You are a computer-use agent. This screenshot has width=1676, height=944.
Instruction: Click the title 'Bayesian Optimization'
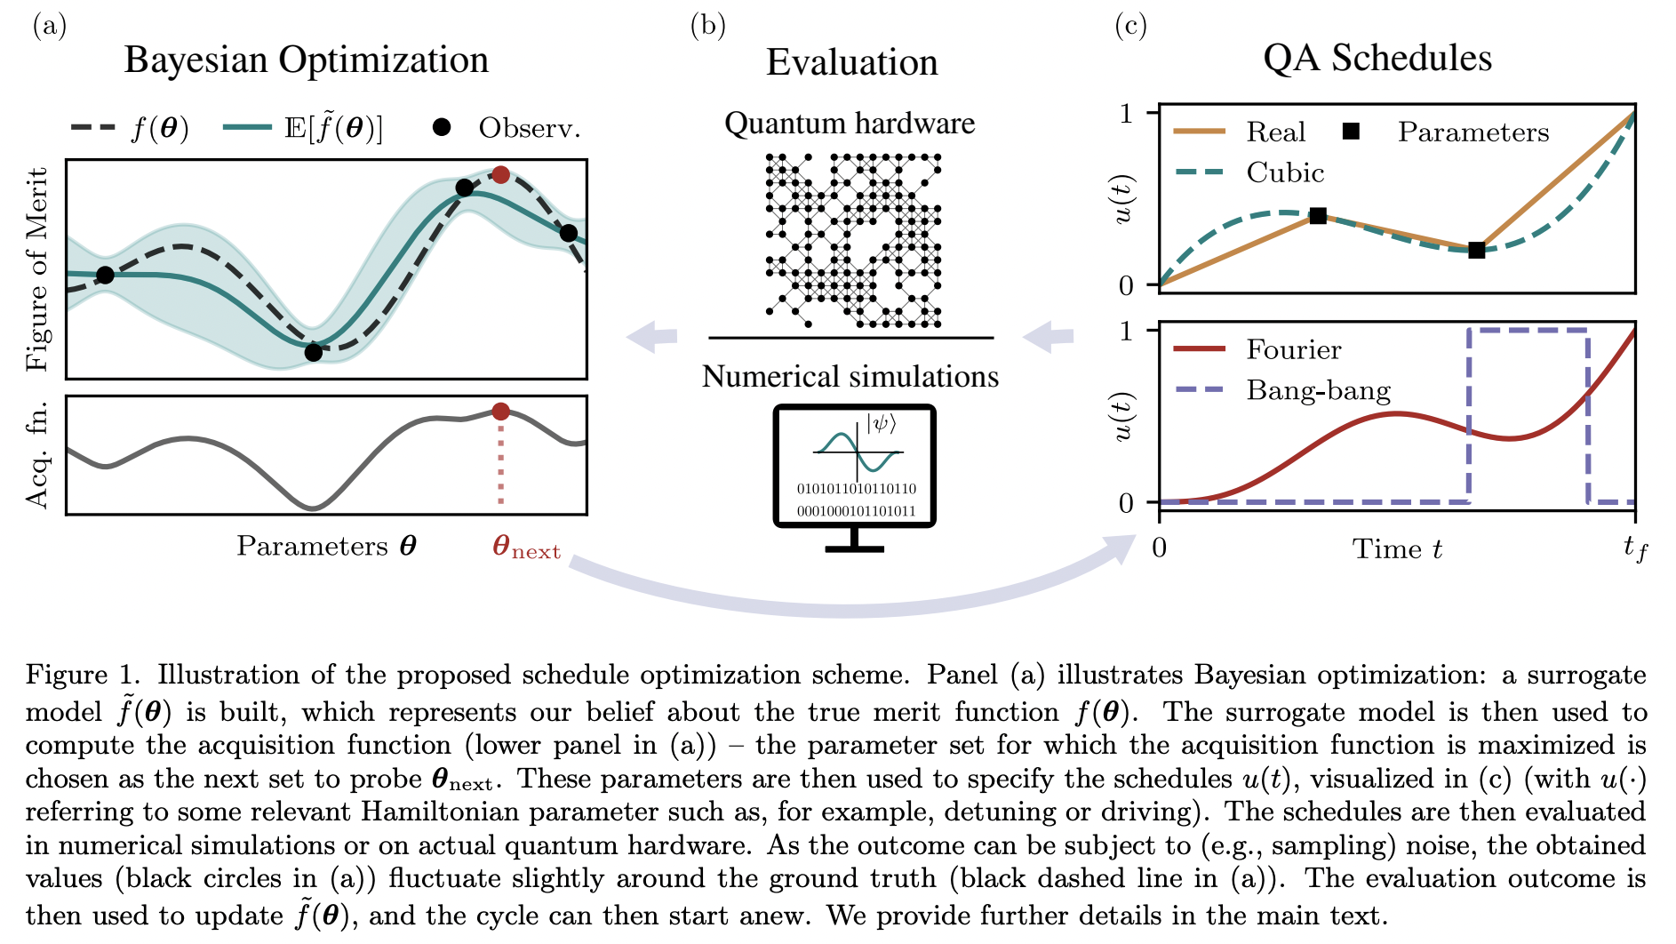click(x=307, y=60)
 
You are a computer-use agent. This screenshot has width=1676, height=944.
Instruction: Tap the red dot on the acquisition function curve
click(x=500, y=412)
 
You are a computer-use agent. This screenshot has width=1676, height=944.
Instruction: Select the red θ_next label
click(x=526, y=547)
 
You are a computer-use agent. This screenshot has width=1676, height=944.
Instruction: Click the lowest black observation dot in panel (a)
click(x=313, y=353)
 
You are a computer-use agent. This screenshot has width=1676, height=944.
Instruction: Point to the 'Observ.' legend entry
click(x=529, y=128)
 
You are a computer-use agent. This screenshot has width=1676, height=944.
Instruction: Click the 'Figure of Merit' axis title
click(x=38, y=269)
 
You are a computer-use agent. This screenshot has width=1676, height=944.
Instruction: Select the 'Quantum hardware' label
click(x=850, y=124)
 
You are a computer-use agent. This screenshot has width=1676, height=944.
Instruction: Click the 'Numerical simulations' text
click(x=850, y=377)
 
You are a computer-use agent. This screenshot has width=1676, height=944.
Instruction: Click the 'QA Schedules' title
click(x=1377, y=58)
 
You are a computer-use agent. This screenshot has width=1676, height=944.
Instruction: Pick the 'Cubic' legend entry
click(x=1285, y=172)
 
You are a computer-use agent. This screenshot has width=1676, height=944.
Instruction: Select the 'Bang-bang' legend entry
click(x=1318, y=390)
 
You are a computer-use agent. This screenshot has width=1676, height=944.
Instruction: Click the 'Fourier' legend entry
click(x=1293, y=349)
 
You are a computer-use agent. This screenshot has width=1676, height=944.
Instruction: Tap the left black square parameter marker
click(x=1318, y=216)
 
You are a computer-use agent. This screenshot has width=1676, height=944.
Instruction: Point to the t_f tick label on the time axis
click(x=1635, y=548)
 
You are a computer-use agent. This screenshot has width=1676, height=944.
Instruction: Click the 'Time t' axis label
click(x=1397, y=549)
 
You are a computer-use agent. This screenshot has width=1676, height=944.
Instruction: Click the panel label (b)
click(x=707, y=26)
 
